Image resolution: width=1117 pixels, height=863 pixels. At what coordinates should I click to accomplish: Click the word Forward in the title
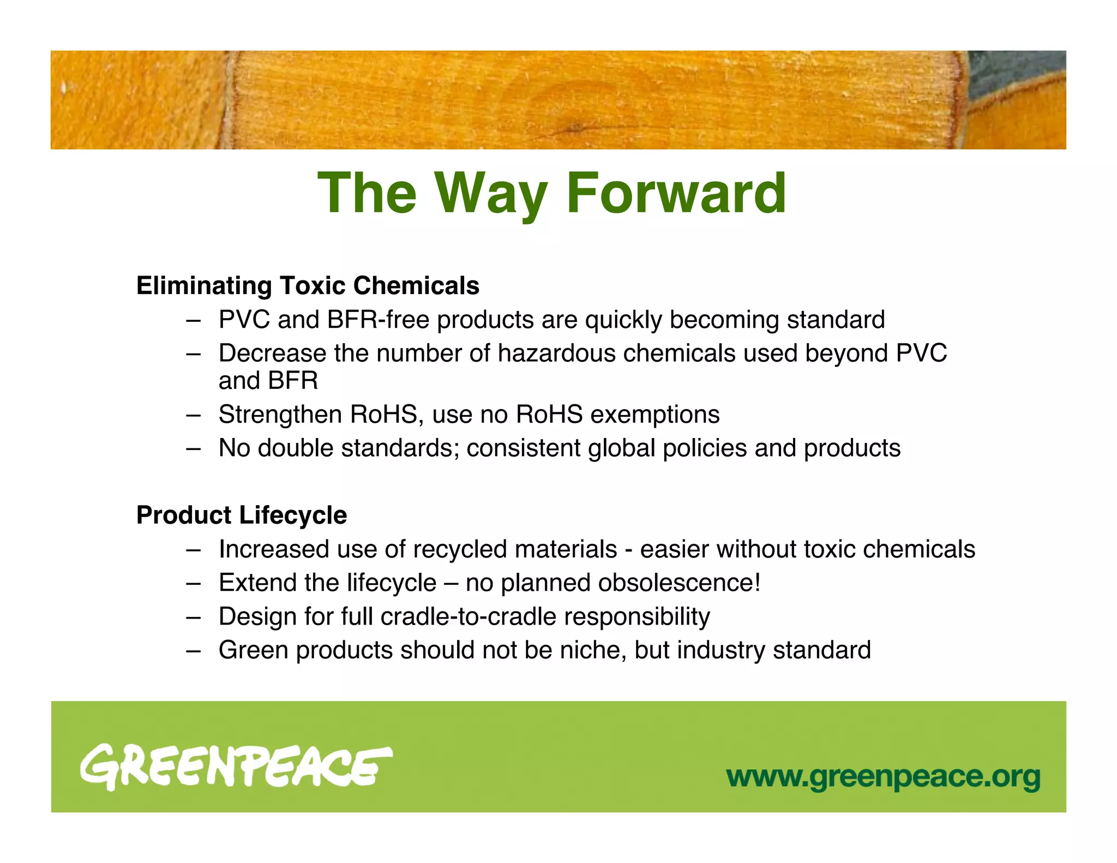click(x=676, y=193)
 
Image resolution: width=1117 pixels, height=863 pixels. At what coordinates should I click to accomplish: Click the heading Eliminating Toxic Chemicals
click(x=308, y=286)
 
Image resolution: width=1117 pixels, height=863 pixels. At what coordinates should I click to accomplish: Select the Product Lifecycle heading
click(x=242, y=516)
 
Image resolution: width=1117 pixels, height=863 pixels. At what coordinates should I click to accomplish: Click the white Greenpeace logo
click(x=236, y=768)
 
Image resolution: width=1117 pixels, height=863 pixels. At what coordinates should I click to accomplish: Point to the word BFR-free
click(x=378, y=320)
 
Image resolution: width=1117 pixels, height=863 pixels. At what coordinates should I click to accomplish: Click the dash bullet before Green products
click(x=193, y=651)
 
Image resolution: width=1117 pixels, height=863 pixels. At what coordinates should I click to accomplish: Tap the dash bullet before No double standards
click(x=193, y=449)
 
